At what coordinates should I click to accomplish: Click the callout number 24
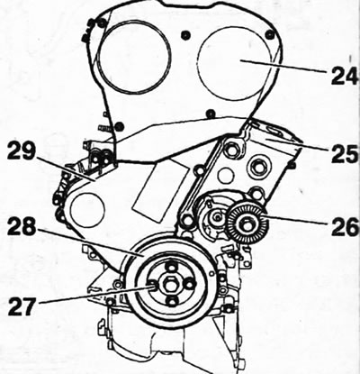click(345, 76)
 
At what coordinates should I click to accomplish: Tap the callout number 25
click(345, 153)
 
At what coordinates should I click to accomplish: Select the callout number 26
click(345, 227)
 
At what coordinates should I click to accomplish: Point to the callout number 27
click(22, 306)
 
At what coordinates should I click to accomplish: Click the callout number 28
click(22, 228)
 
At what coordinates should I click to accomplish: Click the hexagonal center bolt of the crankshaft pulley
click(170, 284)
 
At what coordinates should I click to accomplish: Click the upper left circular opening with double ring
click(134, 57)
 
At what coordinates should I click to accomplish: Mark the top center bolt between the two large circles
click(185, 35)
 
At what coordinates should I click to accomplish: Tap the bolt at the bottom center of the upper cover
click(211, 114)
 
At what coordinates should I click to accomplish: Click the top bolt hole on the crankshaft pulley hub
click(171, 268)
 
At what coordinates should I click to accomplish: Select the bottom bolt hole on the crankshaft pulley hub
click(171, 301)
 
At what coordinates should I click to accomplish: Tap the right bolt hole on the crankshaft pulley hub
click(188, 284)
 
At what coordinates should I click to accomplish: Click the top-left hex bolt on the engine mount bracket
click(233, 149)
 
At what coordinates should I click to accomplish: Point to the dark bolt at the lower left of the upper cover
click(120, 125)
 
